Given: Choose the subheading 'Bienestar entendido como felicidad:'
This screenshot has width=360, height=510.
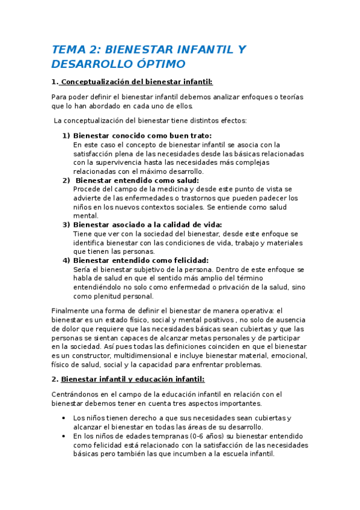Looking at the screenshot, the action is (141, 260).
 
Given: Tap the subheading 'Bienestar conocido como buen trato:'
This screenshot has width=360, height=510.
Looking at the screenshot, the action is (142, 136).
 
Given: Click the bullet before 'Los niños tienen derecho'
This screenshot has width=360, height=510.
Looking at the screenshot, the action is (64, 418).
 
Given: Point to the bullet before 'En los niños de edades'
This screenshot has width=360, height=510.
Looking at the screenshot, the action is (64, 436).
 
